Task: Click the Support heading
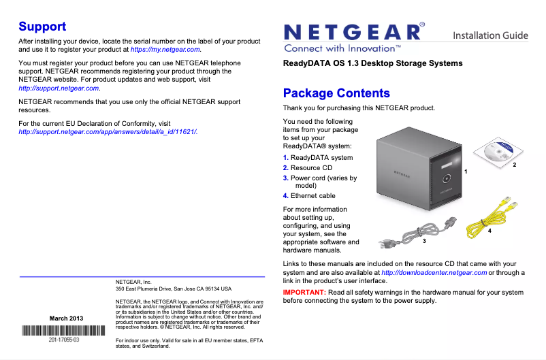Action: click(x=42, y=27)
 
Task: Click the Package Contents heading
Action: click(x=336, y=93)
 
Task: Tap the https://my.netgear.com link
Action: click(x=165, y=50)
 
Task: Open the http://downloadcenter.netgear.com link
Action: click(x=434, y=273)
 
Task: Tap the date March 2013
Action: click(x=67, y=318)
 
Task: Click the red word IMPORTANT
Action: click(x=304, y=292)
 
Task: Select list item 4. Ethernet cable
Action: click(x=309, y=196)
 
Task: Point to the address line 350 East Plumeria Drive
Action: click(x=174, y=289)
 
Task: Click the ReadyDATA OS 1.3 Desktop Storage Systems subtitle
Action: click(x=372, y=63)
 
